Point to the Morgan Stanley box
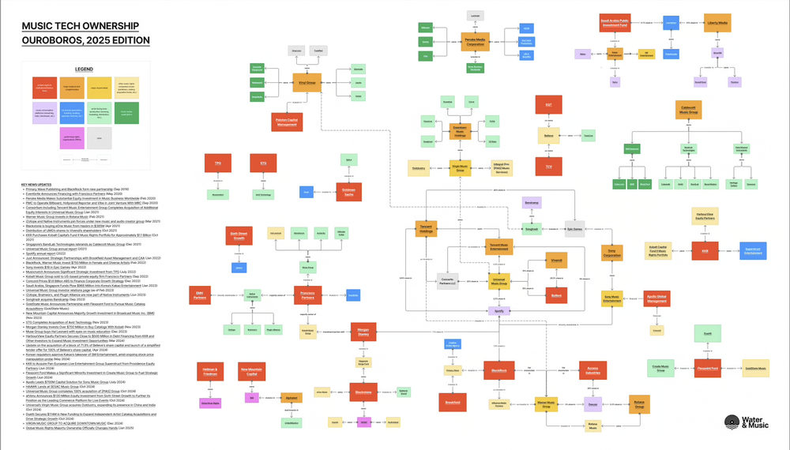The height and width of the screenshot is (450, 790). point(363,330)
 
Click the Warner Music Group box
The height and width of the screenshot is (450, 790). point(547,403)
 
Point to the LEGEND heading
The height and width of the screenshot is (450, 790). point(85,69)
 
